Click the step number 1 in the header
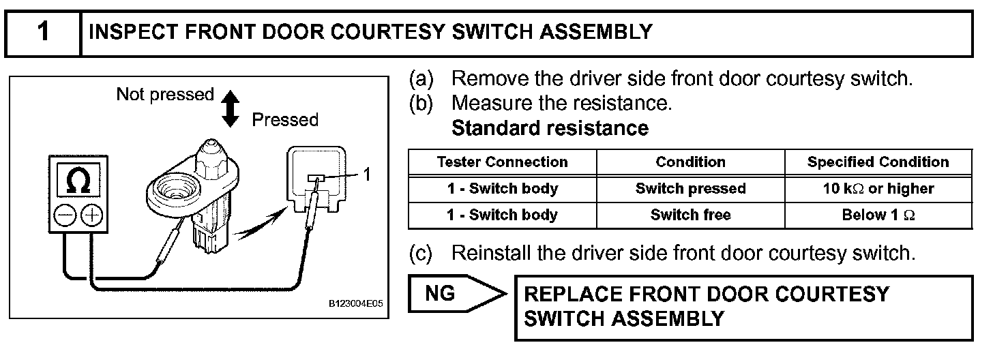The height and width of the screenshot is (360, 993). (x=43, y=33)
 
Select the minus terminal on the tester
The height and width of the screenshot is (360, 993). (x=65, y=217)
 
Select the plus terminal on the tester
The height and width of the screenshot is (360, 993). (x=91, y=217)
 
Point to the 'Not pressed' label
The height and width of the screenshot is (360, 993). (x=165, y=94)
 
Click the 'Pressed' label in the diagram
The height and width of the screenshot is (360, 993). (x=285, y=120)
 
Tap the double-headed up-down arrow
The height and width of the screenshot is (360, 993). (x=231, y=108)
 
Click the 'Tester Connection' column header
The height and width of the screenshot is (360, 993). (x=502, y=162)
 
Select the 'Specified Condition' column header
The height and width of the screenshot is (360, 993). (x=878, y=162)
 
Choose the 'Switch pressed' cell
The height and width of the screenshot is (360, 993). (x=690, y=189)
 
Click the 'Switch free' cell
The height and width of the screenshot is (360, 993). (x=690, y=215)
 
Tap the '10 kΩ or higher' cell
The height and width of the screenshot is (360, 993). (x=878, y=189)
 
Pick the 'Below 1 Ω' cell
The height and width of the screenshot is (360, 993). (x=878, y=215)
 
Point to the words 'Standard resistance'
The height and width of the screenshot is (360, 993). (x=550, y=127)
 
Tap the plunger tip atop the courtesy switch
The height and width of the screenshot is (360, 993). (x=209, y=145)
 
